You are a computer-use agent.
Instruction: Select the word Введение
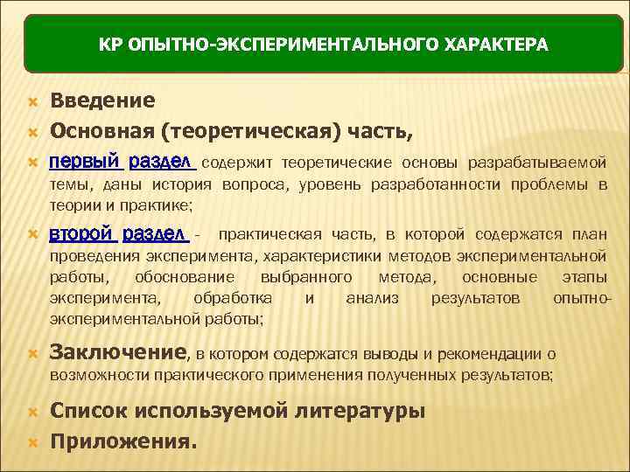pos(102,101)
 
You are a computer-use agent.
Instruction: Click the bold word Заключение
pos(118,352)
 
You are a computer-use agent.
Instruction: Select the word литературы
pos(360,411)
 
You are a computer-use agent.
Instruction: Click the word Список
pos(87,411)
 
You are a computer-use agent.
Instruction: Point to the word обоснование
pos(185,277)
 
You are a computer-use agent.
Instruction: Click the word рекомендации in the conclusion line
pos(491,354)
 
